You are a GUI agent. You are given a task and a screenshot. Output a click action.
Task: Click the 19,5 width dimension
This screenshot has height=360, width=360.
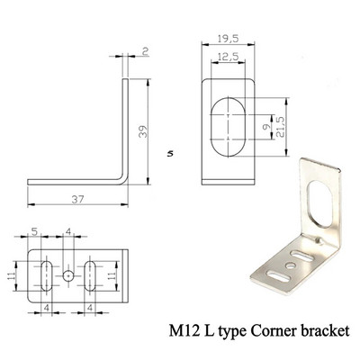tap(229, 39)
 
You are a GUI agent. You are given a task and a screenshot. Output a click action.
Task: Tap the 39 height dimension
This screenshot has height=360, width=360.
tap(144, 131)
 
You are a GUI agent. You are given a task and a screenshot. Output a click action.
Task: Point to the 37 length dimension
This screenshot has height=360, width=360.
tap(77, 199)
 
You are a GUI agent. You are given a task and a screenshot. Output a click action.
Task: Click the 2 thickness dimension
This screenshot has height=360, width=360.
tap(146, 52)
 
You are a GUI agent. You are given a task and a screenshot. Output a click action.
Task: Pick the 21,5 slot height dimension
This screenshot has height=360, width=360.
tap(280, 127)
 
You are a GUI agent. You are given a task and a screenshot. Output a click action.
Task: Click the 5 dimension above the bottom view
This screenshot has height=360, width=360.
tap(34, 231)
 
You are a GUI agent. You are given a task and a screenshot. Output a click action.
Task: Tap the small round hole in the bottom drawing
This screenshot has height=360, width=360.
tap(68, 275)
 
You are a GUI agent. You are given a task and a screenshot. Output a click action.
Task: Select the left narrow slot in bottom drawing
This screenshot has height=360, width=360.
tap(46, 276)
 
